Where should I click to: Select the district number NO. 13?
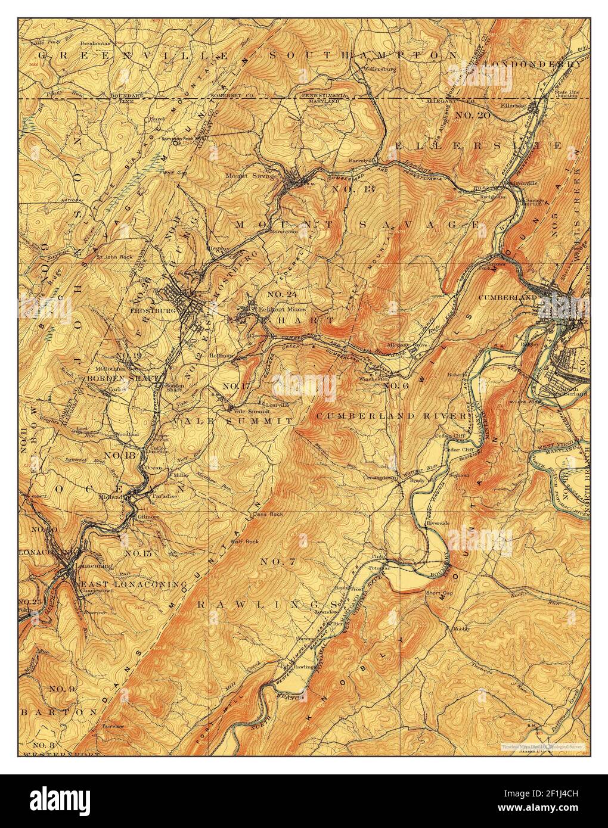[352, 189]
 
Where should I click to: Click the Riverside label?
[437, 522]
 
